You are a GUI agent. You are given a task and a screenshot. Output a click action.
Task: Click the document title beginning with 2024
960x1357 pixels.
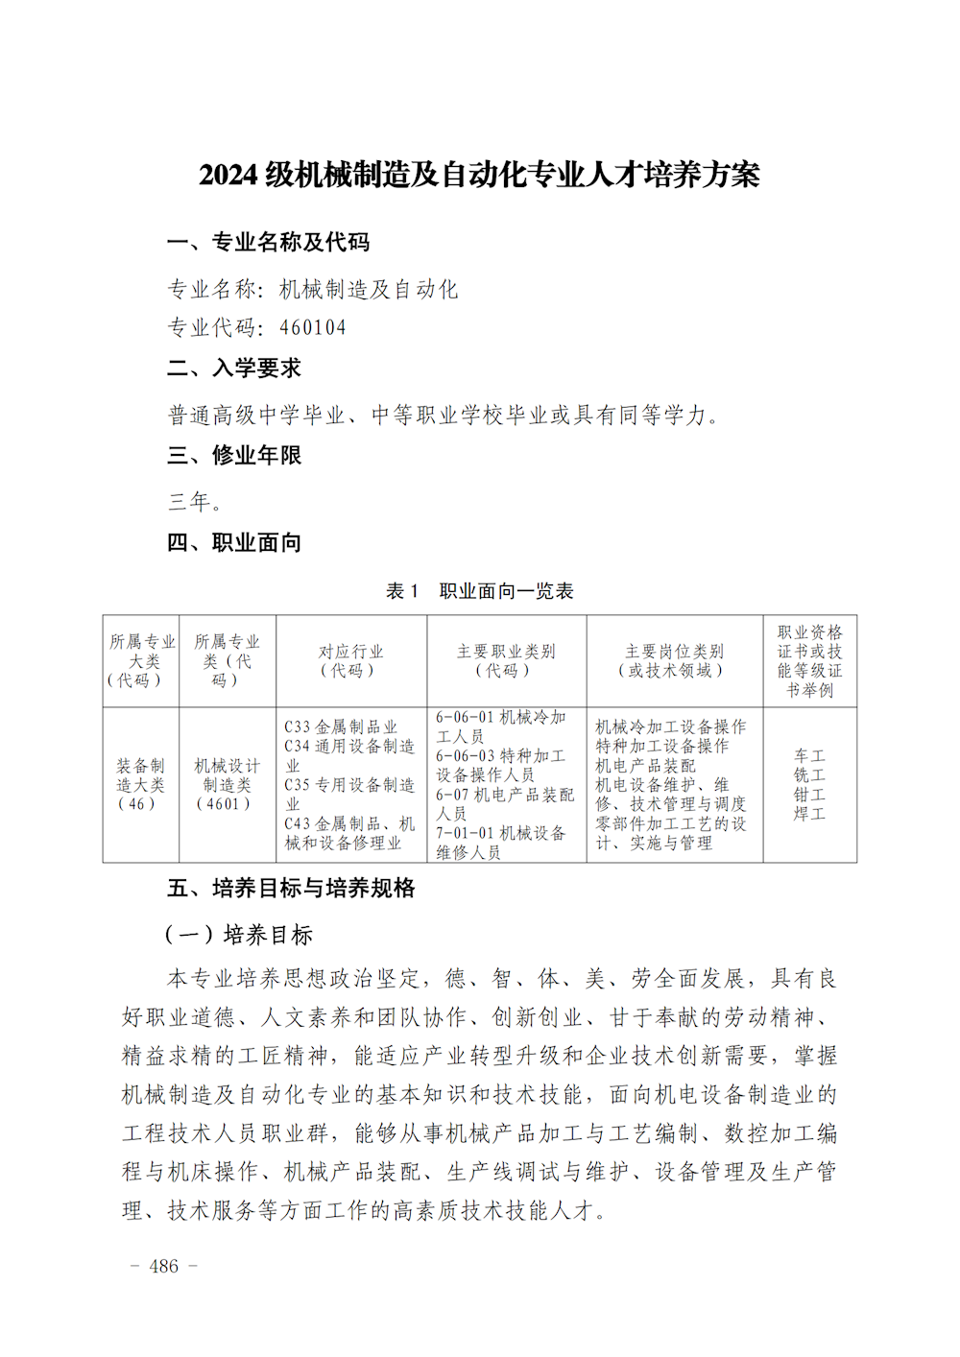tap(479, 175)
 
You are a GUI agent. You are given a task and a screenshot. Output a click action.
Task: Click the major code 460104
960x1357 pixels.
tap(313, 327)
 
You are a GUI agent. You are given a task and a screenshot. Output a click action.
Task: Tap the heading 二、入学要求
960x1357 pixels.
tap(234, 368)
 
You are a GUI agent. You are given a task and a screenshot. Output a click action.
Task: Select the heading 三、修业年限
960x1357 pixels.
tap(234, 455)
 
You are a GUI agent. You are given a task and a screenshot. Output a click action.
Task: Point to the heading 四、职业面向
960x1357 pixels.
tap(234, 542)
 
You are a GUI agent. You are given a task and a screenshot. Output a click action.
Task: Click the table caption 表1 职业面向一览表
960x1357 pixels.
tap(479, 591)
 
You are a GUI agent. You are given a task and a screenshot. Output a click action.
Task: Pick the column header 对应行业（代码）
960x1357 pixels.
tap(350, 660)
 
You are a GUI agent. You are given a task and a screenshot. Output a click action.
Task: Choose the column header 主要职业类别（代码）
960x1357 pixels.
tap(506, 660)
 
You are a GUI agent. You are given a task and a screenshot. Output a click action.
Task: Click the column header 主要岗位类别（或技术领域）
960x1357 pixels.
tap(674, 660)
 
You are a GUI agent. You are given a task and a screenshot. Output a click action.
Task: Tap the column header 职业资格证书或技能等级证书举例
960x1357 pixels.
tap(809, 660)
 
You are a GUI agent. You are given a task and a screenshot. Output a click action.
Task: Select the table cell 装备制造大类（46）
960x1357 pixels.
tap(140, 784)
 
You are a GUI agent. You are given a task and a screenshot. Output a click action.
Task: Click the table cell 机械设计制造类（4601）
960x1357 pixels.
tap(227, 784)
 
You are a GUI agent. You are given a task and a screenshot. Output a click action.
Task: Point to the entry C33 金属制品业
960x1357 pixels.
tap(341, 726)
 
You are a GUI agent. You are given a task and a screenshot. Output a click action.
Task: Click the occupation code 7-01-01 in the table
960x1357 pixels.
tap(465, 833)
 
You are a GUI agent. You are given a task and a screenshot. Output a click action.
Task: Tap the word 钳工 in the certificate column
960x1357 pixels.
tap(809, 795)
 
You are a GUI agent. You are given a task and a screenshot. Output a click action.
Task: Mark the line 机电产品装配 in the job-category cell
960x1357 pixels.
tap(645, 766)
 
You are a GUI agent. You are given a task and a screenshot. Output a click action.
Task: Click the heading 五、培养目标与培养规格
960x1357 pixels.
tap(291, 888)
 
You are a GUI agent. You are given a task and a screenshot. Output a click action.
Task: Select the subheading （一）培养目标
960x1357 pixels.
tap(239, 935)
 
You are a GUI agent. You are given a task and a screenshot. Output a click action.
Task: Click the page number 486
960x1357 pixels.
tap(164, 1266)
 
